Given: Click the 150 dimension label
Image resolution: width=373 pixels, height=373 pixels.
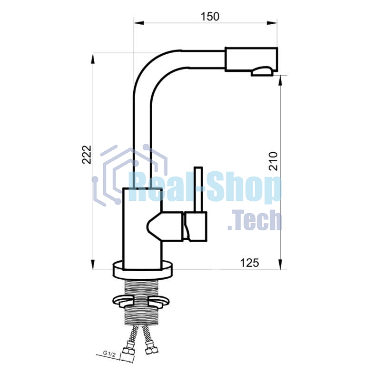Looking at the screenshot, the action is pyautogui.click(x=210, y=17).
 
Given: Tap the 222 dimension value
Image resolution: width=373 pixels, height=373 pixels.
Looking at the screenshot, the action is pyautogui.click(x=87, y=154).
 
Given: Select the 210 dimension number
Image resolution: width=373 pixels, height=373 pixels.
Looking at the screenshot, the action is pyautogui.click(x=273, y=161).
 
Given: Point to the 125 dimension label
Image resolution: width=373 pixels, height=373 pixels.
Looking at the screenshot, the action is pyautogui.click(x=249, y=263).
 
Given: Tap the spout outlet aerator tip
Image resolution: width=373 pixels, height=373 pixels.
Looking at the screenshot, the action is pyautogui.click(x=262, y=71).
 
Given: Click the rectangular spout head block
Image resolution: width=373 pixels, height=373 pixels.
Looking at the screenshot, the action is pyautogui.click(x=251, y=59).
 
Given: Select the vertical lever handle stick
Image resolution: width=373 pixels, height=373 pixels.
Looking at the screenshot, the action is pyautogui.click(x=198, y=189).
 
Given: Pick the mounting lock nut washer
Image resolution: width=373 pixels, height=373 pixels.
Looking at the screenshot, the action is pyautogui.click(x=142, y=300).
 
